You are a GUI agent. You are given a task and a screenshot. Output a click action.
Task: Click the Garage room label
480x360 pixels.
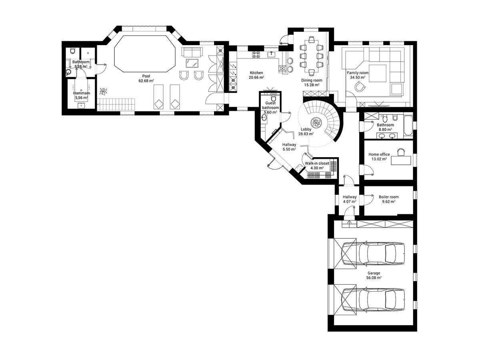[374, 273]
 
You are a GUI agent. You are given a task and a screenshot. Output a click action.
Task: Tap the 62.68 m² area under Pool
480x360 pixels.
[146, 81]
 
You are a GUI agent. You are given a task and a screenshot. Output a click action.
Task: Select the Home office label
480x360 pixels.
[379, 154]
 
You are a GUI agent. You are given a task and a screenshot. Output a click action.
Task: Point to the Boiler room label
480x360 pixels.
[388, 197]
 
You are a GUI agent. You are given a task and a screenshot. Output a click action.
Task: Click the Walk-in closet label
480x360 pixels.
[317, 163]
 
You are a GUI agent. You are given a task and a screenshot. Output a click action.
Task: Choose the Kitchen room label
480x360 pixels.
[256, 73]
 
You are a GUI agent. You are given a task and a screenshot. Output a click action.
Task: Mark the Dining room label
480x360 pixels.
[312, 80]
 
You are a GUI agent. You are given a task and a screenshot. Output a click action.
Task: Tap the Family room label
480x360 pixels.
[358, 73]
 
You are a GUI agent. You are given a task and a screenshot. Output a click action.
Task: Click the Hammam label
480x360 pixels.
[81, 93]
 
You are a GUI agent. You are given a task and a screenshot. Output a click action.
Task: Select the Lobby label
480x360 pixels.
[306, 129]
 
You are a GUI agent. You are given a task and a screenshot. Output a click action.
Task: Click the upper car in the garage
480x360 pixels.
[373, 254]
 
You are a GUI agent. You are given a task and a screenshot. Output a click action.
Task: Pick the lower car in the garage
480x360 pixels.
[373, 300]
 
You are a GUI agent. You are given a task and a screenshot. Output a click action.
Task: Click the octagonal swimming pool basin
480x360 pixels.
[145, 54]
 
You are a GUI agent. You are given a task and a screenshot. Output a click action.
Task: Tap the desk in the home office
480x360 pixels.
[401, 160]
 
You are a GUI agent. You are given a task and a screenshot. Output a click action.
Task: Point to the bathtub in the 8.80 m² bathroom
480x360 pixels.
[408, 126]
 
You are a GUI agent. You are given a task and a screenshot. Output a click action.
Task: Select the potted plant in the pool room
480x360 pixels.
[103, 91]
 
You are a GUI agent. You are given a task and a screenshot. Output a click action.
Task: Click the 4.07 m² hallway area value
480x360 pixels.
[350, 202]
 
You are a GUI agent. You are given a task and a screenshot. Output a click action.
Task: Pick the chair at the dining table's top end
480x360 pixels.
[312, 40]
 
